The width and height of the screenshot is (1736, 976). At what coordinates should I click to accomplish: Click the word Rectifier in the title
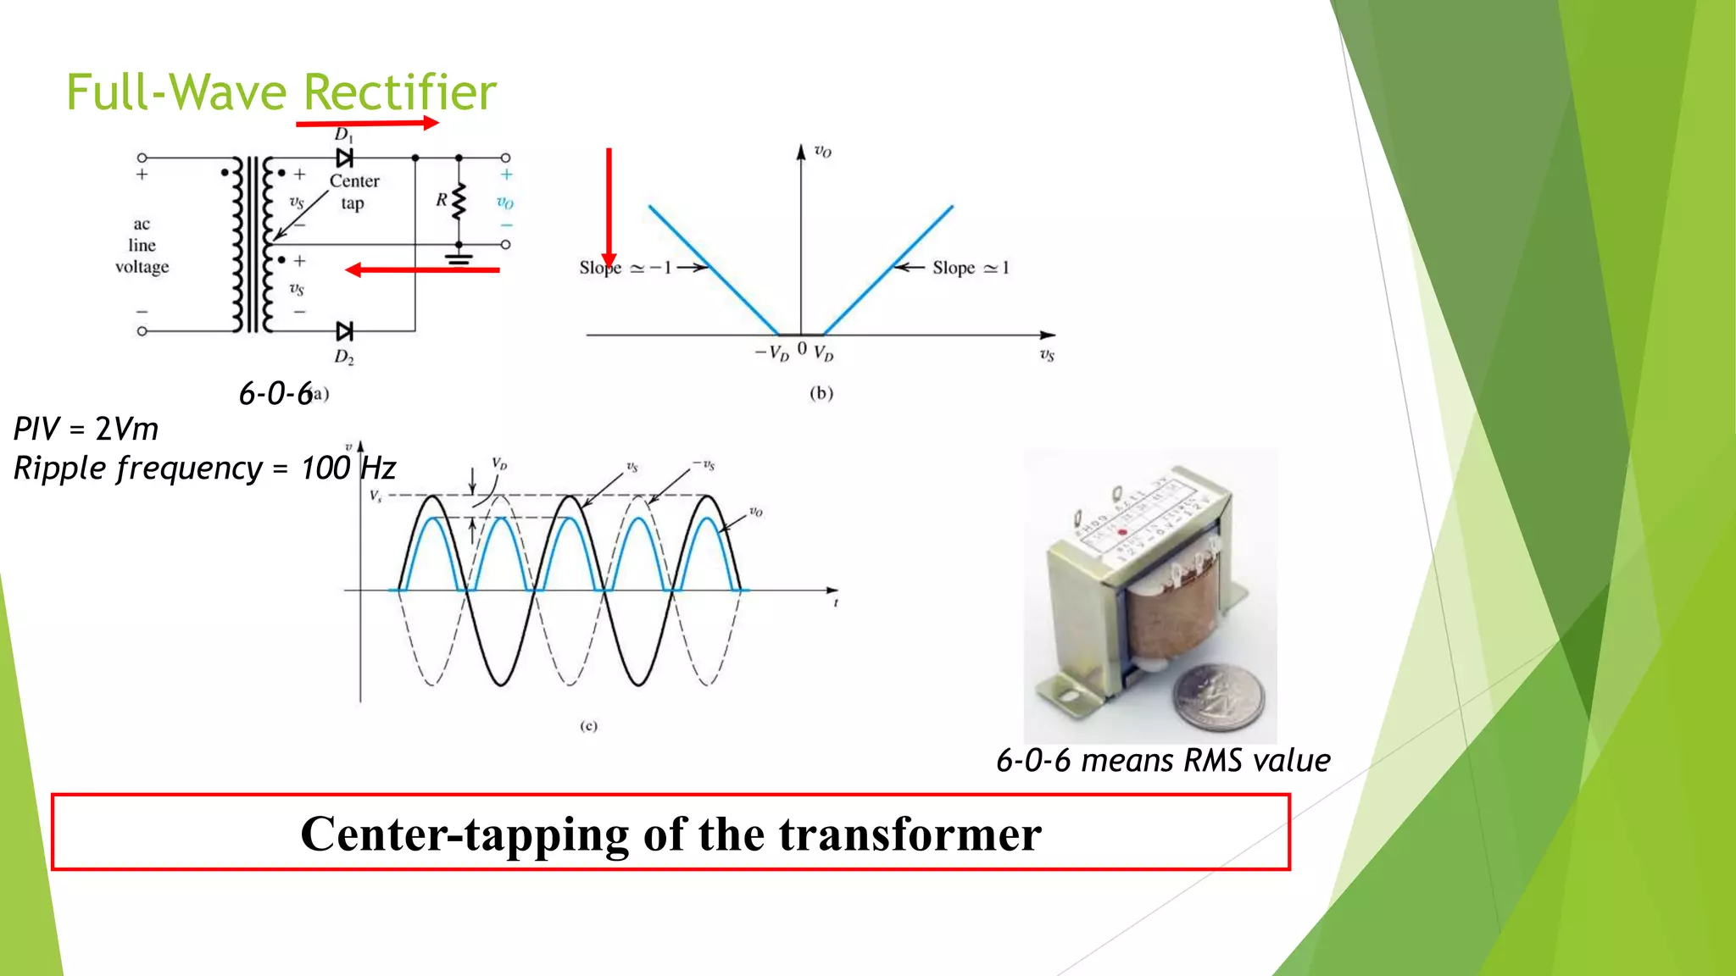(x=399, y=92)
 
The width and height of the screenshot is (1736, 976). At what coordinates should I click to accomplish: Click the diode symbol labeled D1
(x=344, y=158)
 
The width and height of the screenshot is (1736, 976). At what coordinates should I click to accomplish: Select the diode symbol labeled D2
(x=344, y=330)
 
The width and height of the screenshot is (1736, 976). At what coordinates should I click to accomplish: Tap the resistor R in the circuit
(x=459, y=201)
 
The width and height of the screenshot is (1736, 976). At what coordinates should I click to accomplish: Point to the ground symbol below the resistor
(x=459, y=258)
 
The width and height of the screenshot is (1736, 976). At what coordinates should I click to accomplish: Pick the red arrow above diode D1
(x=367, y=124)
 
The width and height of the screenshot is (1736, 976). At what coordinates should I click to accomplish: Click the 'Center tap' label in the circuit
(x=354, y=191)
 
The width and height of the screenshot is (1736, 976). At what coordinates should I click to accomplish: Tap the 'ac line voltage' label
(x=142, y=246)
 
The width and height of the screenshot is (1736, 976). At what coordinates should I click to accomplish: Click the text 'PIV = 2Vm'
(x=86, y=429)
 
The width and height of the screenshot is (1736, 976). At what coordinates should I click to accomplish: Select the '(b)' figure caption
(x=821, y=393)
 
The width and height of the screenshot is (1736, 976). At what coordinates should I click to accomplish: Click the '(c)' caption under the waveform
(x=588, y=726)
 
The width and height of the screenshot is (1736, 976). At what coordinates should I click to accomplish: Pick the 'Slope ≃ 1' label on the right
(x=971, y=268)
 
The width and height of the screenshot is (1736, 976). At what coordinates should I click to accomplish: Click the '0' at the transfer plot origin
(x=802, y=348)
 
